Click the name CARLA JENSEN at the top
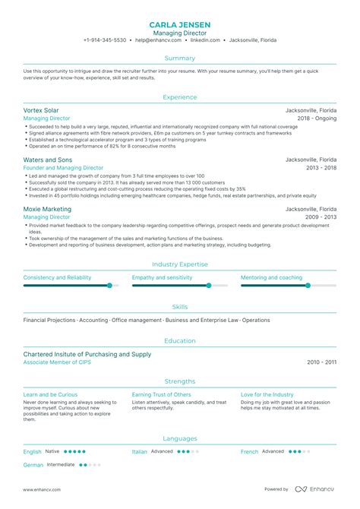coord(180,24)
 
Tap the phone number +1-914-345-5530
coord(105,40)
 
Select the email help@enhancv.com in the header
coord(156,40)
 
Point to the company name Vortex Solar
coord(42,110)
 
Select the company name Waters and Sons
coord(48,160)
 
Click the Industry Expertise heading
coord(180,264)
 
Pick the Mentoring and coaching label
coord(271,277)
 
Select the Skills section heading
coord(180,306)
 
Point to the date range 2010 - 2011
coord(321,362)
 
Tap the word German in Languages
coord(33,464)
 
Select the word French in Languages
coord(249,451)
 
